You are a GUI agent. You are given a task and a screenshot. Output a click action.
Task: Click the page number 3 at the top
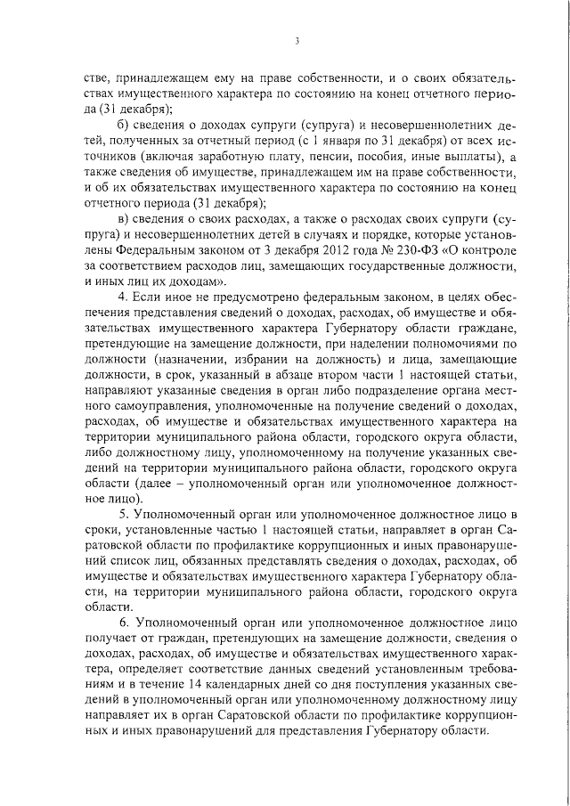[x=297, y=40]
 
